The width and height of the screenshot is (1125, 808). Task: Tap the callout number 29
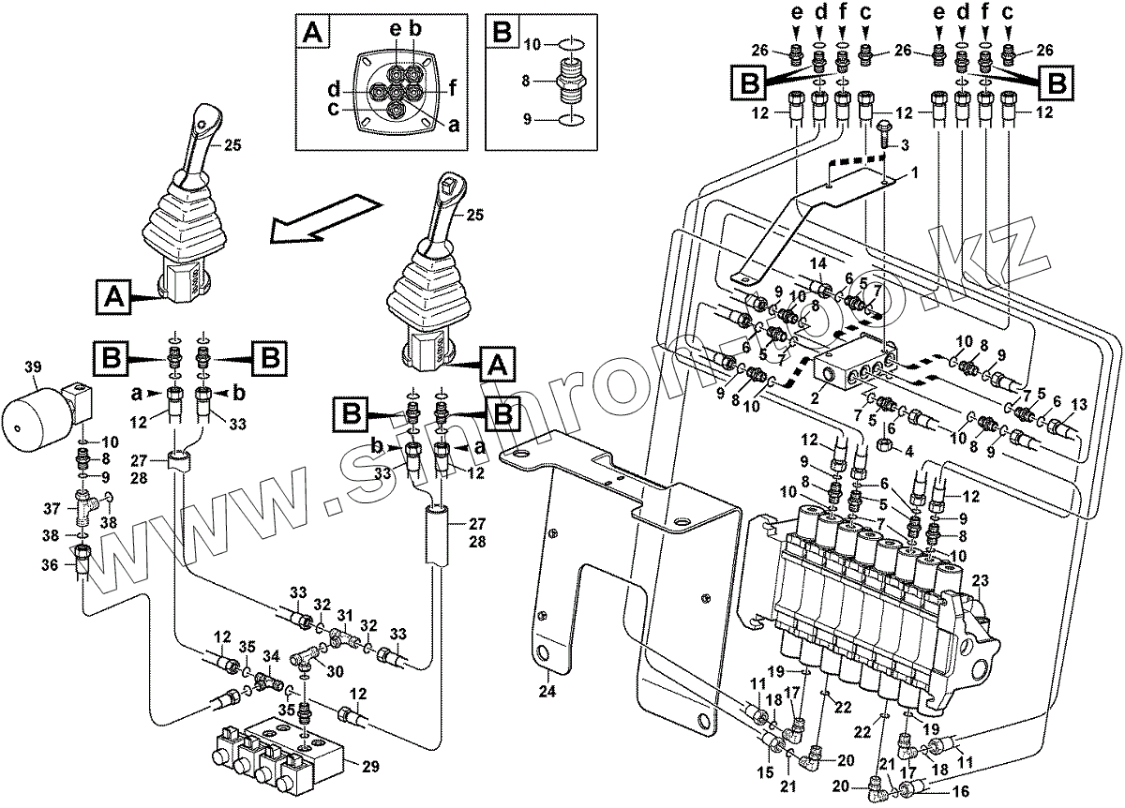(x=370, y=766)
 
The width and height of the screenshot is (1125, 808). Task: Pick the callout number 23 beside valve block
(x=981, y=580)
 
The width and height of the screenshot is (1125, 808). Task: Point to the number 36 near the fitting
(x=50, y=564)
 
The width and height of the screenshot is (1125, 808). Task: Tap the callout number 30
(x=335, y=671)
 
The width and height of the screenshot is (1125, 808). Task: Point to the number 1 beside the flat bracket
(x=913, y=173)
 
